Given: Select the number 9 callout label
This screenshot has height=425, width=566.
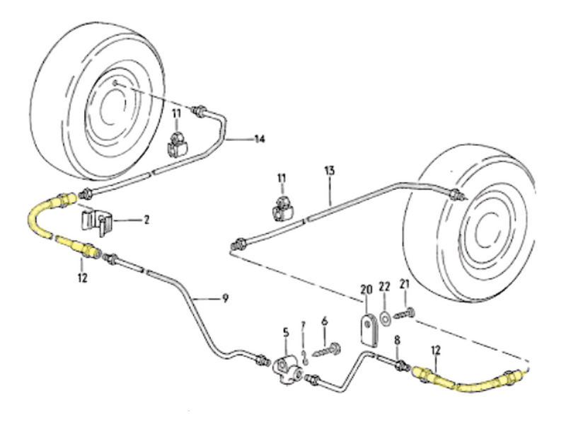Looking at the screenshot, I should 224,298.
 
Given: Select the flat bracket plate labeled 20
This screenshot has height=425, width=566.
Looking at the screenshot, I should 367,329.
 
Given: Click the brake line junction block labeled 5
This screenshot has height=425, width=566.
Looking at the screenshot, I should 284,368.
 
